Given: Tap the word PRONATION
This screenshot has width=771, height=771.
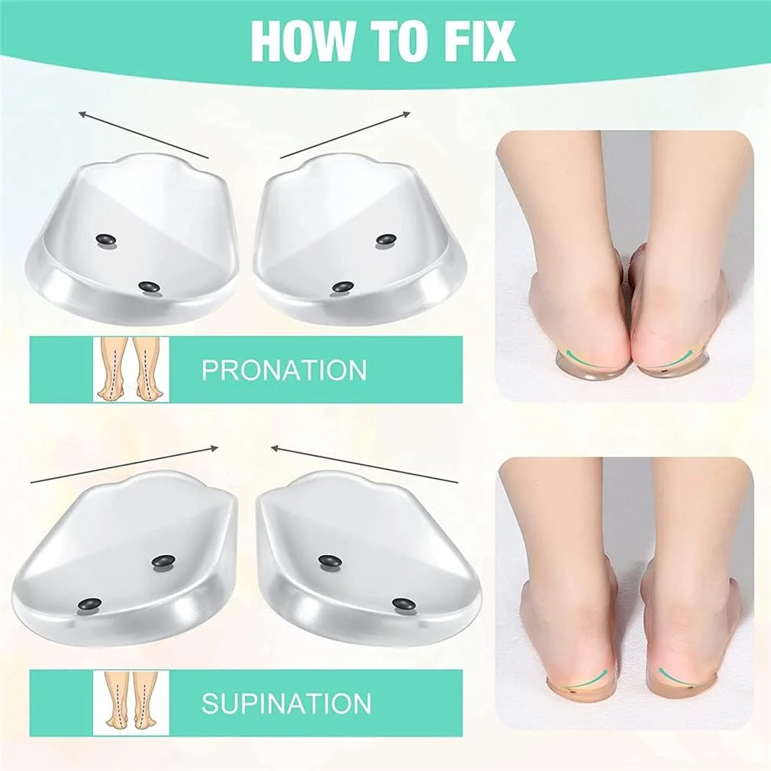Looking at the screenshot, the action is coord(284,369).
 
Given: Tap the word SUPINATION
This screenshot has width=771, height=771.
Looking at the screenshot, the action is coord(286,702).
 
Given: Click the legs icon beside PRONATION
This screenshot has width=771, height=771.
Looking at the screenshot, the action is coord(131,369).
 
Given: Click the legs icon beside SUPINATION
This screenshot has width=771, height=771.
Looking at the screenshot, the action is coord(131,702).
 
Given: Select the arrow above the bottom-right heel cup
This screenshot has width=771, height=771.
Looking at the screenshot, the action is coord(364,465).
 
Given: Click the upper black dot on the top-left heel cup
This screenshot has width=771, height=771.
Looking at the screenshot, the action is coord(105,240).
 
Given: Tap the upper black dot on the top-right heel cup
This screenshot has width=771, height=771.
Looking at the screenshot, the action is coord(387,240).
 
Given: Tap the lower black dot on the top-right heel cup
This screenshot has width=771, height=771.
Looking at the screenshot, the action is coord(343,287).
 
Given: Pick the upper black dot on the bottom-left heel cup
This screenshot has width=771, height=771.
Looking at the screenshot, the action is coord(163,562).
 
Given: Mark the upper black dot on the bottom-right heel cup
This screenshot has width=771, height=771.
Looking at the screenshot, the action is coord(331,561).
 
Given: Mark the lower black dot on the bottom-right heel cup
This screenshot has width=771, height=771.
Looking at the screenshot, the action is coord(403,603).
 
